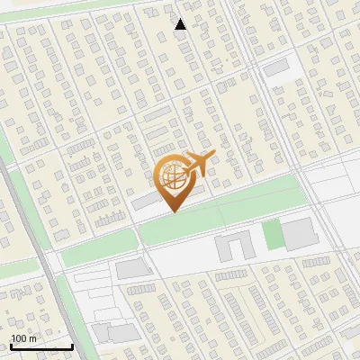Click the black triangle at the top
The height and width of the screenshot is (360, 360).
(181, 24)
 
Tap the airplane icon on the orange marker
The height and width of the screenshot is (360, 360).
(194, 166)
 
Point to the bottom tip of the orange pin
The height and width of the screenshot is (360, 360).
(173, 211)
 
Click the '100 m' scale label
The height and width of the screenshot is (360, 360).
(23, 338)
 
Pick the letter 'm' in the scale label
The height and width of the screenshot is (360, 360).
(32, 338)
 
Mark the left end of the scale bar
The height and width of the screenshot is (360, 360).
(11, 346)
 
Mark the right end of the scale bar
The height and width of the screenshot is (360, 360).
(72, 346)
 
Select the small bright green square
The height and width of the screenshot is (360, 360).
(272, 235)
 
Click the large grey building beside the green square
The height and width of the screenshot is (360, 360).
(299, 233)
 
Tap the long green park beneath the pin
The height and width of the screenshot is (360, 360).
(225, 211)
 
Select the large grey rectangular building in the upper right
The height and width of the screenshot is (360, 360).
(275, 67)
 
